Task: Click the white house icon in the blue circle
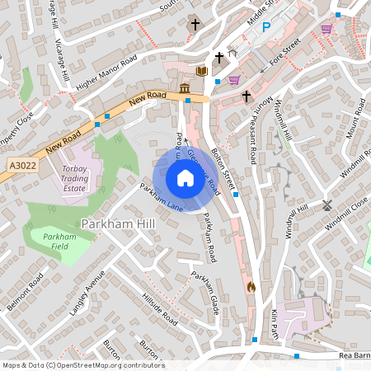185,178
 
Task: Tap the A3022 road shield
23,166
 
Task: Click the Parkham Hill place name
115,223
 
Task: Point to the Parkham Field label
59,242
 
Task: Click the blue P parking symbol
265,27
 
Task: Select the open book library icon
200,71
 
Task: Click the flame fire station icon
251,287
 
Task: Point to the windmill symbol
326,204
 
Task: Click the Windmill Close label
346,214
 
